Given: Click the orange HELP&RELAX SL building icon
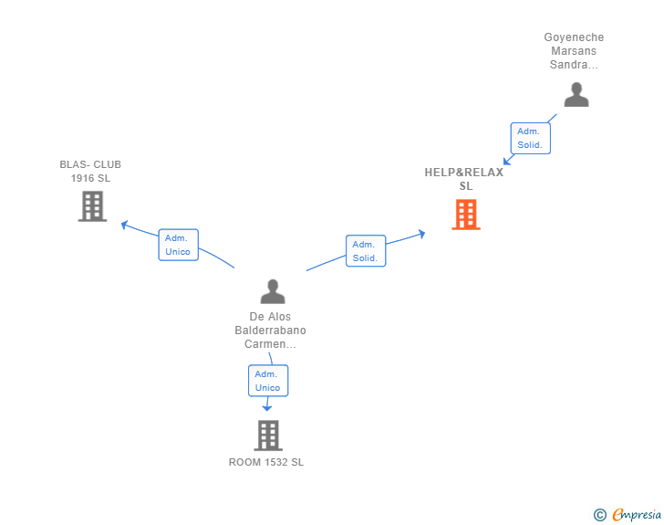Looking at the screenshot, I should (x=466, y=215).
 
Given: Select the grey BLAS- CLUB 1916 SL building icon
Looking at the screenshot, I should (x=92, y=206).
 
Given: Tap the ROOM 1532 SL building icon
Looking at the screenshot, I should (x=267, y=436).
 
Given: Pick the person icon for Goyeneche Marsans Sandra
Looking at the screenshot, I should (x=576, y=95).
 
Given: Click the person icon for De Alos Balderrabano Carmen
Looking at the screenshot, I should (x=273, y=291).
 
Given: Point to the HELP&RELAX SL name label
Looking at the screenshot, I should (x=464, y=179).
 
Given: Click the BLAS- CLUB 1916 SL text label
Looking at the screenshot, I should (x=90, y=172).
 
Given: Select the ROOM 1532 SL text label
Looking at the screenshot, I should (x=266, y=462).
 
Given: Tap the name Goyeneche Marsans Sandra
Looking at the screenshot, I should (x=574, y=51).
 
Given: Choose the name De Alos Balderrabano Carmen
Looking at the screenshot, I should (x=270, y=331).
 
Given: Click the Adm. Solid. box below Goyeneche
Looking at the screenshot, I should (x=530, y=138).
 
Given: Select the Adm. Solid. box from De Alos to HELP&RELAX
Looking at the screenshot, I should (x=365, y=251).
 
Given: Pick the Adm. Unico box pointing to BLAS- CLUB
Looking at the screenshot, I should (x=178, y=245).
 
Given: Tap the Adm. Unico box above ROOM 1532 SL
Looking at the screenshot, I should (x=267, y=381).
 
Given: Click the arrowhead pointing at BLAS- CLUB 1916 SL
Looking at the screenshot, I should (x=126, y=224).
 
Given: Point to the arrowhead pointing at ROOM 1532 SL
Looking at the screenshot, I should (x=267, y=408).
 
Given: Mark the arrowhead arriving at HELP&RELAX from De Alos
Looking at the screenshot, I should (x=420, y=234).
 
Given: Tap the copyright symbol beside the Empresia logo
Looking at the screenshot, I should (x=599, y=515).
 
